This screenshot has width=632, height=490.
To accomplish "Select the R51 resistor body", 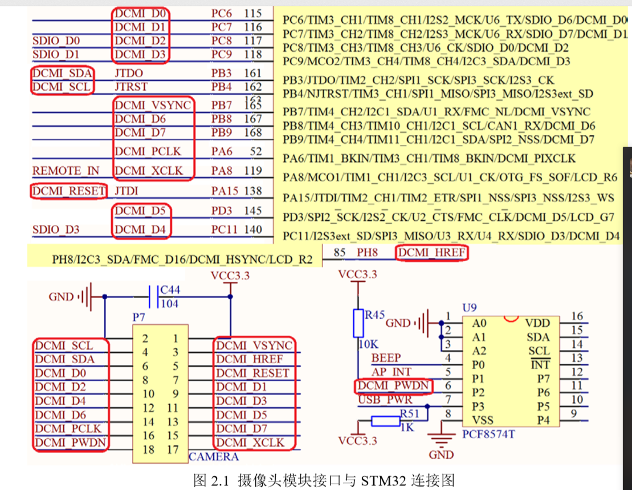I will click(x=385, y=421).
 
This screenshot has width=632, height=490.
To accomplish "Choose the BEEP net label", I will click(x=386, y=358).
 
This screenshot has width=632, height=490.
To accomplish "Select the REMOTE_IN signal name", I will click(x=66, y=171).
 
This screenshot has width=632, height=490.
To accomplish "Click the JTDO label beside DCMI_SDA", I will click(x=129, y=73).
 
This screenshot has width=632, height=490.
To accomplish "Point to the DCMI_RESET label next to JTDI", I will click(x=69, y=191).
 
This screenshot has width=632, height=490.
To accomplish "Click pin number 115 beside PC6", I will click(x=252, y=13).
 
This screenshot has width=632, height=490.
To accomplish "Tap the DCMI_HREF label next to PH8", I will click(x=433, y=253).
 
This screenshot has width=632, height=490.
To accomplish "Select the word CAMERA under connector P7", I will click(x=213, y=456).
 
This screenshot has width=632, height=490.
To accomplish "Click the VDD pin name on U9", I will click(x=537, y=323).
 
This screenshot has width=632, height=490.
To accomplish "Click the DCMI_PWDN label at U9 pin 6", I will click(x=393, y=386).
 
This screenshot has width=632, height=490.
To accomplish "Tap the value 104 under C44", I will click(x=169, y=304).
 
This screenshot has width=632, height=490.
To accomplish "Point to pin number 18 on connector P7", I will click(x=148, y=450).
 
